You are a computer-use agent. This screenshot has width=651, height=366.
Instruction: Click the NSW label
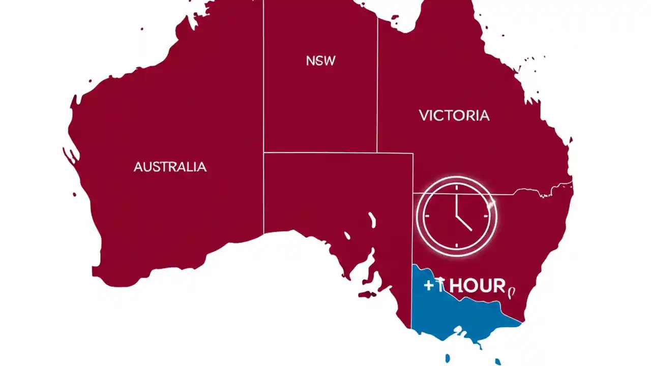[x=321, y=61]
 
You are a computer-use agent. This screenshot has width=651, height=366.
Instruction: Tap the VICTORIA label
[x=454, y=115]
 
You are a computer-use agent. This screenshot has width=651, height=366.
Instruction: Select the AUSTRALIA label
[x=170, y=167]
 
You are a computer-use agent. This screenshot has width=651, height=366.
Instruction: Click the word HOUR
[x=477, y=286]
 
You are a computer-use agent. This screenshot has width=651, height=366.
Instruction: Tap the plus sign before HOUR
[x=429, y=286]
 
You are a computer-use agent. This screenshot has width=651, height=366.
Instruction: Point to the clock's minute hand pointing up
[x=457, y=199]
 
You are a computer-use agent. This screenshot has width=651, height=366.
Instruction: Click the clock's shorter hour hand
[x=464, y=223]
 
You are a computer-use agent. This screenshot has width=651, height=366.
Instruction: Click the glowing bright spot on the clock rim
[x=491, y=204]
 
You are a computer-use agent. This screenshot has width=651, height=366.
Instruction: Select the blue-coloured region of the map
[x=448, y=315]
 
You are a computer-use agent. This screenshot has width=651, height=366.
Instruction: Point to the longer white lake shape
[x=372, y=220]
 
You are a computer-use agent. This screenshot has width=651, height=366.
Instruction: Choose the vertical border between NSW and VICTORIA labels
[x=377, y=81]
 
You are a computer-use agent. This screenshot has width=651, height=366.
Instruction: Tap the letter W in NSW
[x=330, y=61]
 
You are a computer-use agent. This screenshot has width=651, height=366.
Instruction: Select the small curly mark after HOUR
[x=512, y=291]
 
